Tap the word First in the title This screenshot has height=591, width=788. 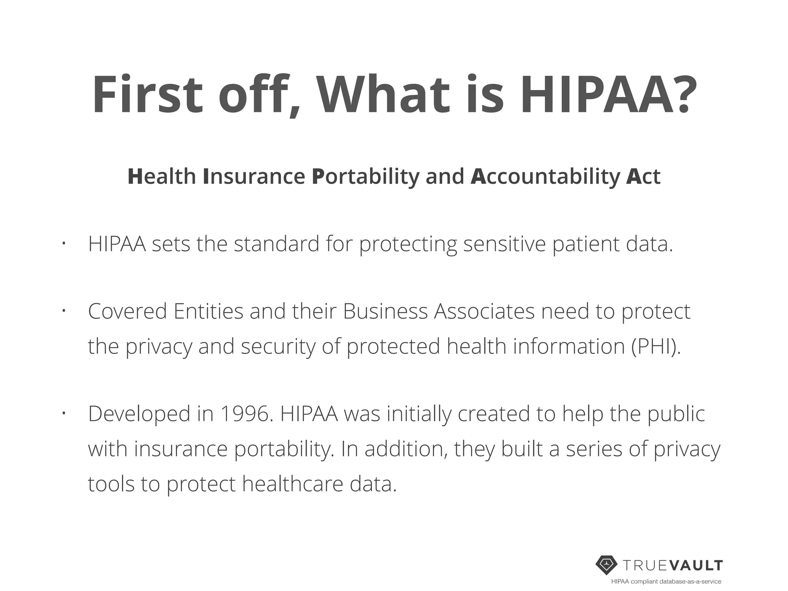(147, 95)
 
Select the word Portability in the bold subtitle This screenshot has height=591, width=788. (366, 177)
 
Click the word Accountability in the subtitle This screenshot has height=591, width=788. (545, 177)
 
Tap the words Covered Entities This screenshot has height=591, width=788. (166, 311)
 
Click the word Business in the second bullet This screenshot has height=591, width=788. (385, 311)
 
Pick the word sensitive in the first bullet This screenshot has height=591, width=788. (504, 244)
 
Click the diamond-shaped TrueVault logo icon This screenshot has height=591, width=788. (607, 565)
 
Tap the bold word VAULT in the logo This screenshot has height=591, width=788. (696, 565)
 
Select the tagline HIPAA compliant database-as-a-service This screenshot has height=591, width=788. (666, 582)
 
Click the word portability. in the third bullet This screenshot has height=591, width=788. (284, 449)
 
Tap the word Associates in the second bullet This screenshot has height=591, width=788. (484, 311)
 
